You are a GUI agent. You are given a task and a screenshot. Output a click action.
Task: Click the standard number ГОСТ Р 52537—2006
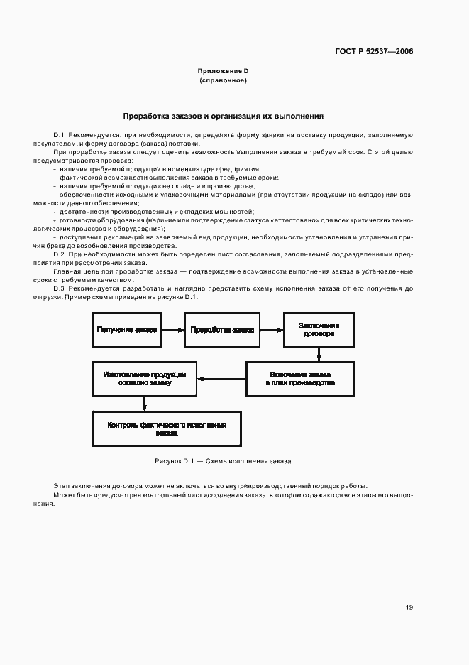pos(374,51)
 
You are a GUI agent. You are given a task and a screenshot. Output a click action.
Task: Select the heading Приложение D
pos(223,71)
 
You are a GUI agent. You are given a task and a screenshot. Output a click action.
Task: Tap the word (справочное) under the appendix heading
pos(223,80)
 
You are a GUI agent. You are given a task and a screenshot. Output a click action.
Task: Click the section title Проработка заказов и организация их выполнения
pos(224,115)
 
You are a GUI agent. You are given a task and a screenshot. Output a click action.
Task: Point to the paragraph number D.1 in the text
pos(59,134)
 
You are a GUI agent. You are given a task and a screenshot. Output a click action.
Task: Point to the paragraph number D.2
pos(59,254)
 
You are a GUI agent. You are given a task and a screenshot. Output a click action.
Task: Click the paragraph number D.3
pos(59,288)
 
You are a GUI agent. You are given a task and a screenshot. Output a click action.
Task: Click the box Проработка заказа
pos(223,330)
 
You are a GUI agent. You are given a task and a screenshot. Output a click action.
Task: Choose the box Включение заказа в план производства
pos(300,378)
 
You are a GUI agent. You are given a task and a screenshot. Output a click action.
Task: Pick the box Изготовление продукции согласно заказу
pos(144,378)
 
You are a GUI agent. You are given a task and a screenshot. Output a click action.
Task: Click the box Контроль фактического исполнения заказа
pos(167,428)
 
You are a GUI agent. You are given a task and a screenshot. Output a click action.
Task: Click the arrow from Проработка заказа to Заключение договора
pos(271,330)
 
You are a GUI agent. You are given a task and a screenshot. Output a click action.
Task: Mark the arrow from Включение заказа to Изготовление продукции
pos(221,379)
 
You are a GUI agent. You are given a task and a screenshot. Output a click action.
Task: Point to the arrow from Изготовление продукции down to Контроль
pos(144,403)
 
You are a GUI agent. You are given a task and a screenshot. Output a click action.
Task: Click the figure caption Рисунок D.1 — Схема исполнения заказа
pos(223,461)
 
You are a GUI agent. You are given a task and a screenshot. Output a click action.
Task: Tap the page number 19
pos(409,607)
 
